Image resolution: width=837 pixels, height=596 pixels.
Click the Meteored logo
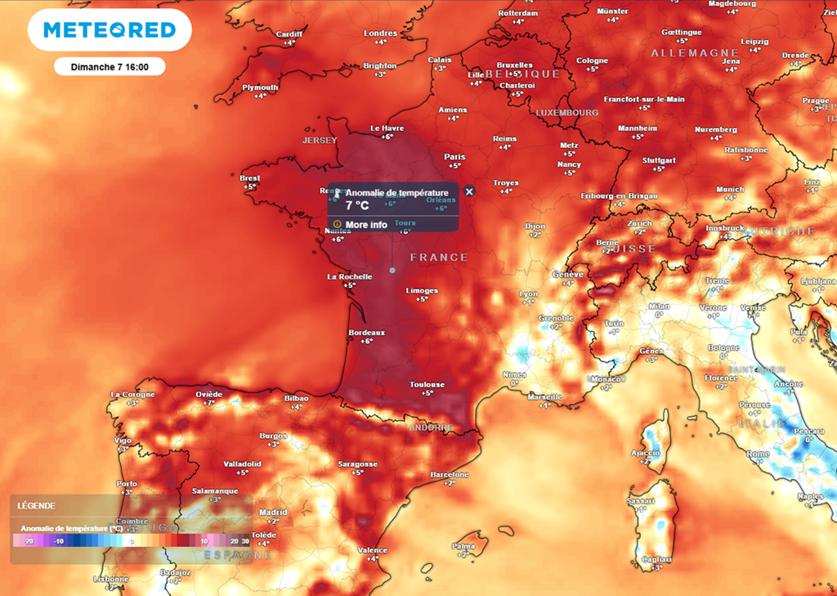(110, 30)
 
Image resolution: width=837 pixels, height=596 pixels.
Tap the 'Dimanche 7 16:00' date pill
(110, 67)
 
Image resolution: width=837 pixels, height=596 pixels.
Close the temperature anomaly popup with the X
(469, 191)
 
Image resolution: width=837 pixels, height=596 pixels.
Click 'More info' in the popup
(366, 225)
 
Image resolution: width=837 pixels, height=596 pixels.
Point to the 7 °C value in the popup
(358, 206)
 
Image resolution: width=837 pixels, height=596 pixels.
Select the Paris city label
(454, 156)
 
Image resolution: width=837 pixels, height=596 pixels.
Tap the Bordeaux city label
(367, 333)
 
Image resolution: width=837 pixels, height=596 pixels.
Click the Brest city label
(250, 177)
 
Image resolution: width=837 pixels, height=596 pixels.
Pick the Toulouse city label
(427, 384)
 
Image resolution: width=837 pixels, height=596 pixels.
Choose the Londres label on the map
(380, 34)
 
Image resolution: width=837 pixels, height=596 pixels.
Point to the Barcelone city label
(450, 474)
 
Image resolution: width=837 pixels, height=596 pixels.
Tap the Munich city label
(730, 189)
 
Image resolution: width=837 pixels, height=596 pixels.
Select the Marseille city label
(545, 397)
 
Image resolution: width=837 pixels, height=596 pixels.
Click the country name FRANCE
(439, 258)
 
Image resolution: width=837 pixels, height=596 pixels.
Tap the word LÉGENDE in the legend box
(37, 506)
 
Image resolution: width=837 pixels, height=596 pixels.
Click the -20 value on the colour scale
(28, 541)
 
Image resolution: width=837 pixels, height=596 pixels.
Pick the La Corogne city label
(132, 394)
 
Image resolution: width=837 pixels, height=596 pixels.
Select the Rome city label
(758, 454)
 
